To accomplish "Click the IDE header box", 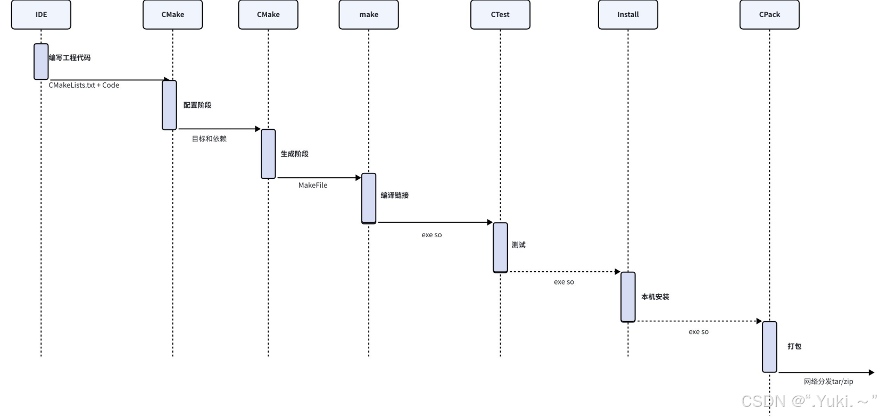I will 41,14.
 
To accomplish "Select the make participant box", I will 368,14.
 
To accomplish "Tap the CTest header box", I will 500,14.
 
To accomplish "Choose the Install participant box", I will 628,14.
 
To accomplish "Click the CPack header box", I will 769,14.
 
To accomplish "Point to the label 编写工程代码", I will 70,57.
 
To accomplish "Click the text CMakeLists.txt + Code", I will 84,85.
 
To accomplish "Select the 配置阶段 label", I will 197,105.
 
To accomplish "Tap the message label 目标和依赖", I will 209,139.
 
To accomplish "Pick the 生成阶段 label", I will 295,154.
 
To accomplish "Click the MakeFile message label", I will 313,185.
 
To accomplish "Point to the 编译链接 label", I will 395,195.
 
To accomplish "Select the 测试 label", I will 519,245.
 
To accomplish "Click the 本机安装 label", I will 655,297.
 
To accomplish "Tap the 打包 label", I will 794,346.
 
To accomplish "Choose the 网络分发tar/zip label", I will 828,381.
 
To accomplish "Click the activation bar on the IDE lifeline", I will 41,62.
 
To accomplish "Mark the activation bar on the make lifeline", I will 369,198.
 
